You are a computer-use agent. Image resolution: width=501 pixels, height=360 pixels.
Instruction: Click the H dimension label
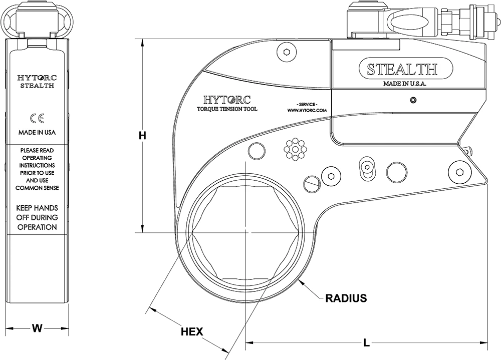[x=142, y=136]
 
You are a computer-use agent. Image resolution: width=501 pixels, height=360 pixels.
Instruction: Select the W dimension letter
[x=36, y=328]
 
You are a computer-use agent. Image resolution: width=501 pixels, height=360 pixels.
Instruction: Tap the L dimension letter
[x=367, y=343]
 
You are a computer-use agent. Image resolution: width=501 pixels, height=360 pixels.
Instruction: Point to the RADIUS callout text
[x=346, y=298]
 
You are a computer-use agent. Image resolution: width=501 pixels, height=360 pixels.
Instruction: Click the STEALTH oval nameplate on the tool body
[x=402, y=69]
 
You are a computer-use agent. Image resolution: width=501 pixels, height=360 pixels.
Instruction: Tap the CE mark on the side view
[x=37, y=118]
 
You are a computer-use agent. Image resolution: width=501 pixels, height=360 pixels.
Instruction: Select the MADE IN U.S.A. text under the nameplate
[x=404, y=84]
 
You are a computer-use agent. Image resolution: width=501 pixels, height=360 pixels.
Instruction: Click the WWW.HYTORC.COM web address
[x=307, y=110]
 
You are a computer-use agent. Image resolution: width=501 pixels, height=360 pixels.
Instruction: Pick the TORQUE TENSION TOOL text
[x=227, y=109]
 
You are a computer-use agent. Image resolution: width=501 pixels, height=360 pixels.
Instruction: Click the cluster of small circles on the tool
[x=295, y=149]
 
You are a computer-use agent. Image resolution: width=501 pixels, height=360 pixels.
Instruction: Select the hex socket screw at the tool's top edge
[x=286, y=52]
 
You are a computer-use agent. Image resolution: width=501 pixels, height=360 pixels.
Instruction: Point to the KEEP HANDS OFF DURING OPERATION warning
[x=37, y=217]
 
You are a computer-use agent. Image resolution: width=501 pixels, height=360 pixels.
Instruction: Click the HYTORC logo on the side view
[x=37, y=78]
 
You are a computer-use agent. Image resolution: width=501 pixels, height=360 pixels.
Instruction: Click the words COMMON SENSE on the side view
[x=37, y=188]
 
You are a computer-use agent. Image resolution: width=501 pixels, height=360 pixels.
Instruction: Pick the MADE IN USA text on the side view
[x=37, y=133]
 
